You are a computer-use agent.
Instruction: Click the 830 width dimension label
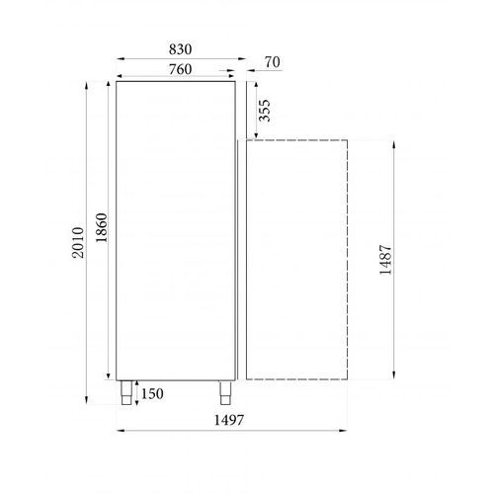[x=178, y=48]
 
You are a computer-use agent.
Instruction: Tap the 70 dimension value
[x=274, y=62]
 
